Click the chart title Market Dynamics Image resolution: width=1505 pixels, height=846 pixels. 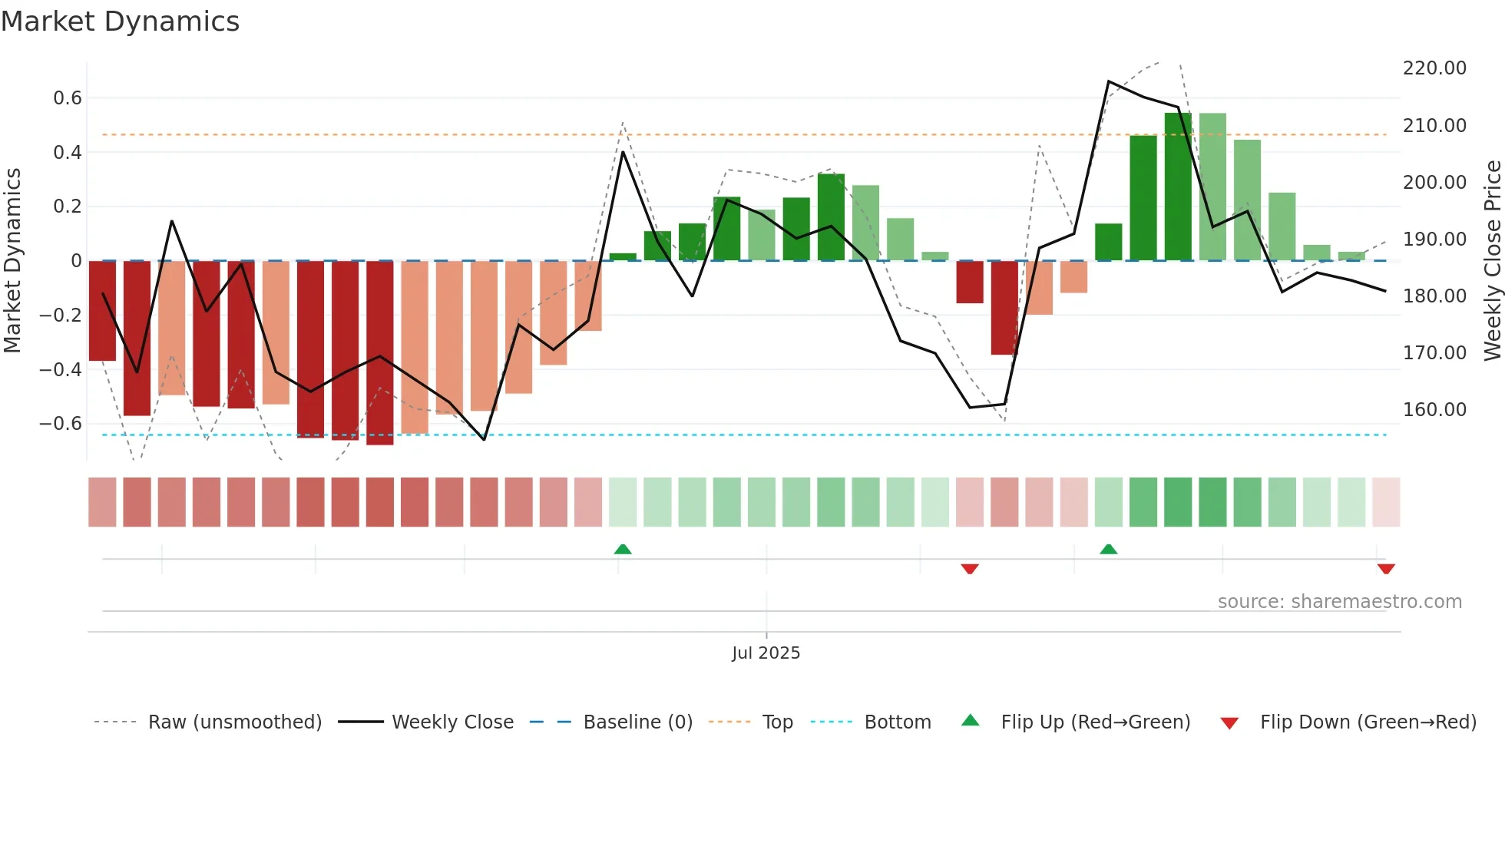click(x=120, y=21)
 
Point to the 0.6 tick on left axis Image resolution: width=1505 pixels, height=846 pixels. click(x=67, y=98)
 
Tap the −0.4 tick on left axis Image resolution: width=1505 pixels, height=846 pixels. click(x=60, y=369)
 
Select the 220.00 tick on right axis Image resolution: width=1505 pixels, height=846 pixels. click(x=1434, y=68)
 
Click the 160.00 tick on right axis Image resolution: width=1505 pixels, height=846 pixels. click(x=1434, y=410)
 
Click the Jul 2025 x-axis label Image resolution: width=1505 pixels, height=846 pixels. click(x=766, y=653)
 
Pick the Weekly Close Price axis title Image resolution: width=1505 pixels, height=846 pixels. click(x=1492, y=261)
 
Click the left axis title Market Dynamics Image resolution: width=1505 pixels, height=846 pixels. click(x=12, y=261)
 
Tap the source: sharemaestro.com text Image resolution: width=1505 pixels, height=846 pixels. click(x=1339, y=602)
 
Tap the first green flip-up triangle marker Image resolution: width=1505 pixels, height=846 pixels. click(x=623, y=549)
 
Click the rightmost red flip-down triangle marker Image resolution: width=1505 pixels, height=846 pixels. click(x=1386, y=569)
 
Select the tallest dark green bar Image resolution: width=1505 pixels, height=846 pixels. click(x=1178, y=187)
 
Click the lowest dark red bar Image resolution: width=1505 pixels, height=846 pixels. click(x=380, y=353)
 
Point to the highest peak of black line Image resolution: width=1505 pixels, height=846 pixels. click(x=1109, y=81)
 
